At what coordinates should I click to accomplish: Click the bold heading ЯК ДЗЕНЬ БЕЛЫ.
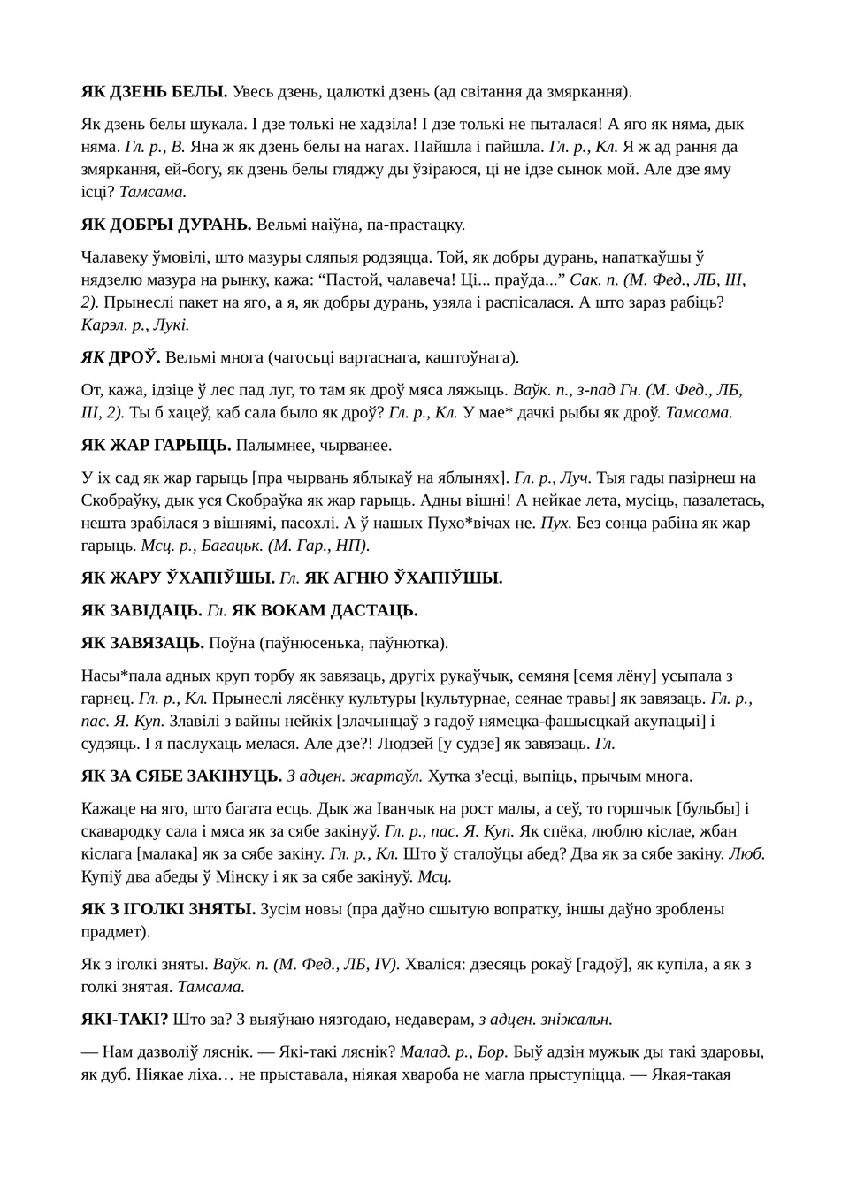(154, 91)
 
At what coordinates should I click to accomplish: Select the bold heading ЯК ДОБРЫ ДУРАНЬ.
(166, 225)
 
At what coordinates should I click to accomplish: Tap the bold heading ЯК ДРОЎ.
(120, 357)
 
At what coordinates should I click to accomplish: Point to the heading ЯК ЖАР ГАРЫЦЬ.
(156, 445)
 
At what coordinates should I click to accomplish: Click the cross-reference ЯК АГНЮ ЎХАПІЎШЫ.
(403, 578)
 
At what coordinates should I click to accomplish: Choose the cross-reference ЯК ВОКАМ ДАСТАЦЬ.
(325, 611)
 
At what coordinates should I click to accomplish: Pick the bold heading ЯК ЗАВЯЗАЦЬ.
(142, 643)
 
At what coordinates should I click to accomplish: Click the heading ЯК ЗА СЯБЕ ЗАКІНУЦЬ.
(181, 776)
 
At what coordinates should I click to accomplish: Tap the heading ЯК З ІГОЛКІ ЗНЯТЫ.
(168, 909)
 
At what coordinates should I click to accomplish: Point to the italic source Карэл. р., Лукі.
(135, 325)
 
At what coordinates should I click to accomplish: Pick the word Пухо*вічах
(479, 523)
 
